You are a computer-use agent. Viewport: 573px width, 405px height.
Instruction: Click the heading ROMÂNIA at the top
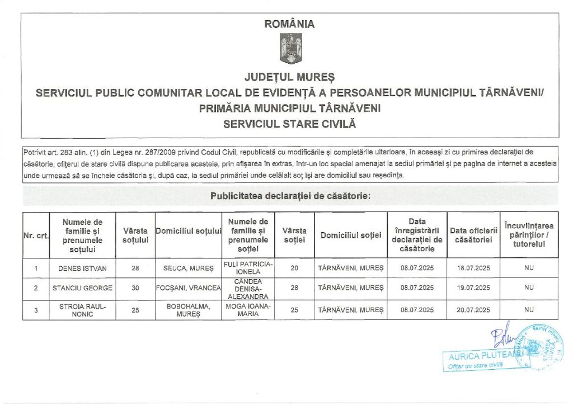[289, 24]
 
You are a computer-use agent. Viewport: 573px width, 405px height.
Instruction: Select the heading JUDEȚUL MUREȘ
[289, 76]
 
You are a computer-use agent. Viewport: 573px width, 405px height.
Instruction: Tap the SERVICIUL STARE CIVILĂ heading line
[289, 124]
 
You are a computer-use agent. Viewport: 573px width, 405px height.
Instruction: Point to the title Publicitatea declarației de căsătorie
[290, 196]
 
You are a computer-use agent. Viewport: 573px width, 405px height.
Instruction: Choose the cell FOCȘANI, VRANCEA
[189, 288]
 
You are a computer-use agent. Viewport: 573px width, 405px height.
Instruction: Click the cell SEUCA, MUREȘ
[189, 268]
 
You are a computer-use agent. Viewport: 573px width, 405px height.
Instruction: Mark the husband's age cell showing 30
[135, 288]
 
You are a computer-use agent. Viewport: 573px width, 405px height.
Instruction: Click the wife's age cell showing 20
[295, 268]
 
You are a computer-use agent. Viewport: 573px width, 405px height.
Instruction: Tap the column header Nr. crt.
[35, 236]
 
